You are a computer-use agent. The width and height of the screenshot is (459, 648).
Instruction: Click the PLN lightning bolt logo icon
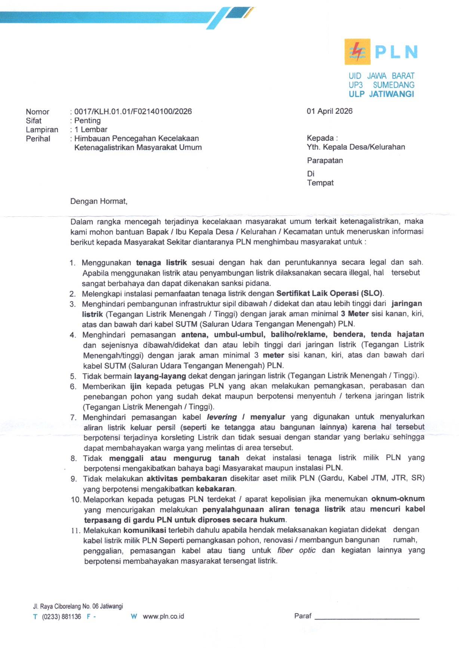click(357, 52)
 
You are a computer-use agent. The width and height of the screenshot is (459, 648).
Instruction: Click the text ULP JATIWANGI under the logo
click(381, 94)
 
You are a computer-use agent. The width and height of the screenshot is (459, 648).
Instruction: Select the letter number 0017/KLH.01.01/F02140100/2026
click(133, 112)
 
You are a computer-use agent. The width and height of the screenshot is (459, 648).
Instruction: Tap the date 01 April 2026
click(329, 111)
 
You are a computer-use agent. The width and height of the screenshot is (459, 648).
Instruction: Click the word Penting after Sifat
click(87, 121)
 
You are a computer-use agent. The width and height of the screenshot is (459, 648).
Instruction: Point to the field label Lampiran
click(42, 130)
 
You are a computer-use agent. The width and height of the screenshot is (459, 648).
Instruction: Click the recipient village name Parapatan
click(325, 161)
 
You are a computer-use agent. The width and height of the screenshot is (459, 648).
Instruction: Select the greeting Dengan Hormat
click(99, 201)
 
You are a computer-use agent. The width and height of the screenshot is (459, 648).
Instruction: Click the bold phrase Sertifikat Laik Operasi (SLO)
click(330, 293)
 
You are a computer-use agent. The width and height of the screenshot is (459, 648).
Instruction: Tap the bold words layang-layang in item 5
click(160, 376)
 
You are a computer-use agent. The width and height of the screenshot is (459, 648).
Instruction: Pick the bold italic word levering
click(222, 417)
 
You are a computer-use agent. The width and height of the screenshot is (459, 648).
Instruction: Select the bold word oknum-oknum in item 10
click(398, 499)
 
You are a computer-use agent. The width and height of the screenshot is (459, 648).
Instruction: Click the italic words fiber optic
click(296, 550)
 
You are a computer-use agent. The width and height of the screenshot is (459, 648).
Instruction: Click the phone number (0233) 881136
click(61, 617)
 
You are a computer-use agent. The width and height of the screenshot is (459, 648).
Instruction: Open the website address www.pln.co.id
click(163, 617)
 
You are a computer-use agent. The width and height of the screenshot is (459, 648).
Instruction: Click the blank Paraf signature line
click(367, 617)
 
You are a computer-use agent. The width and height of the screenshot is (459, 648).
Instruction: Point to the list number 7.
click(74, 417)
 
